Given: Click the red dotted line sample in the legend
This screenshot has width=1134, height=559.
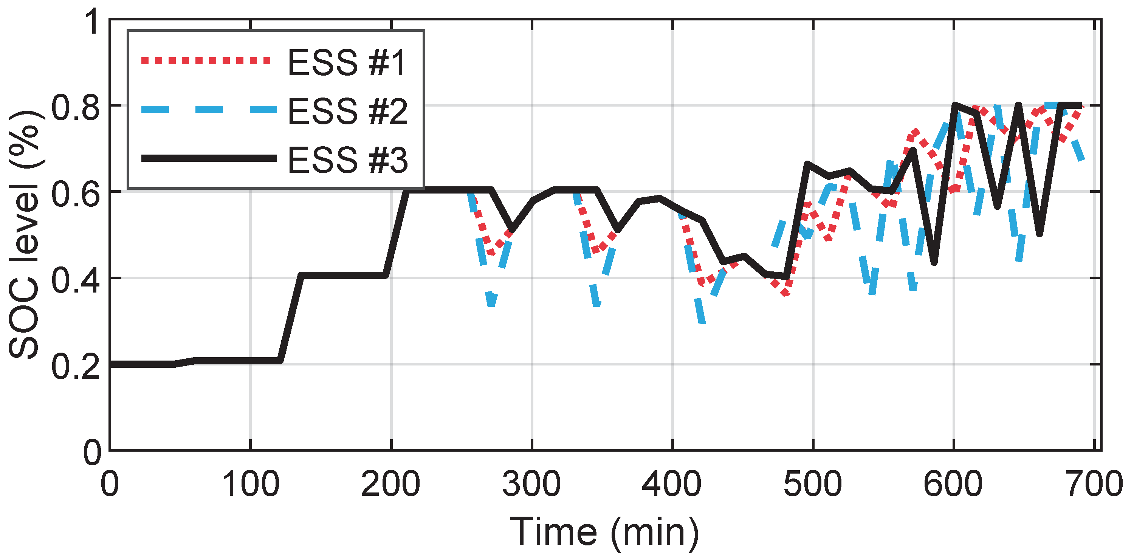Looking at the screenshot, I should pos(206,61).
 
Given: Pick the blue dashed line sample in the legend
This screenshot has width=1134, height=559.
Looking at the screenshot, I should pos(209,109).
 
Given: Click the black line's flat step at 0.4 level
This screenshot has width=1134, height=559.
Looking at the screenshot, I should pos(343,276).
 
